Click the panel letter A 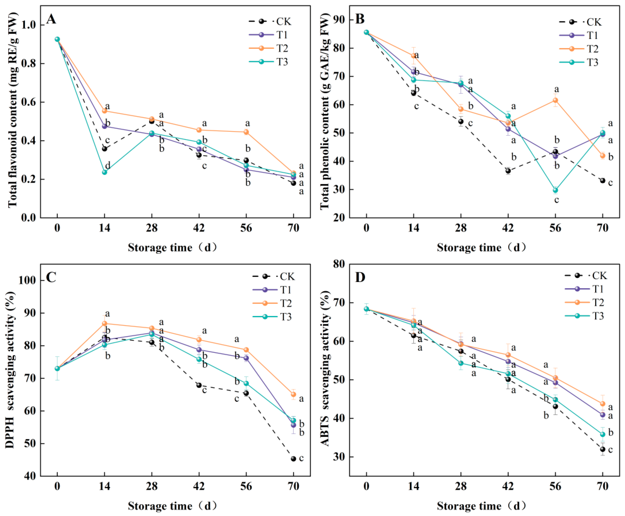(51, 20)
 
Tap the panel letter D (360, 277)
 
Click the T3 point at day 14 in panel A (104, 172)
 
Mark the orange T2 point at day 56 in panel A (246, 132)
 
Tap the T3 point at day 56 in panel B (555, 190)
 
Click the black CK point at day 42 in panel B (508, 171)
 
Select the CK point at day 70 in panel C (293, 459)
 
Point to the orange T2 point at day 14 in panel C (104, 323)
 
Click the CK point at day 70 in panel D (603, 449)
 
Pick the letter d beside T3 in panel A (108, 165)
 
